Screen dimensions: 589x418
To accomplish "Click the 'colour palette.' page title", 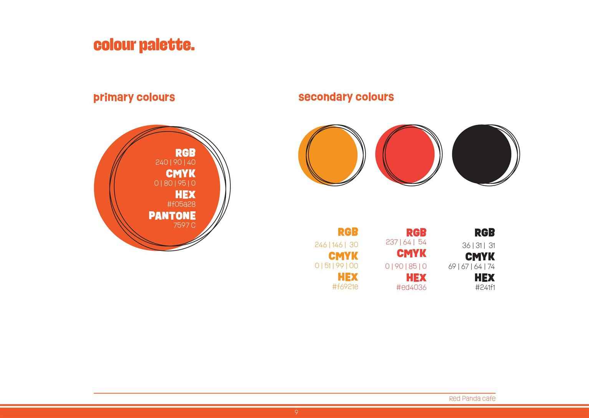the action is click(x=144, y=45).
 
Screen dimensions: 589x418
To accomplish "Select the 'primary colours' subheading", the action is click(x=134, y=97).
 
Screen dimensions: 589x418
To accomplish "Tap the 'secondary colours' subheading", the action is click(x=346, y=97).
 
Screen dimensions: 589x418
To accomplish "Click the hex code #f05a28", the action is click(x=182, y=204).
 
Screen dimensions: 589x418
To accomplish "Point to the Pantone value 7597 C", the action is click(x=184, y=225).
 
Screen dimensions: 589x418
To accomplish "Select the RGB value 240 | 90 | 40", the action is click(x=175, y=162).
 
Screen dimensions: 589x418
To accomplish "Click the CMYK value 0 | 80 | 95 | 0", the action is click(x=175, y=183).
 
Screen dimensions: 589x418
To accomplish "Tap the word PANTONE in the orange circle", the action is click(x=172, y=216).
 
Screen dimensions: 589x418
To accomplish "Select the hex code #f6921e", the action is click(x=345, y=287).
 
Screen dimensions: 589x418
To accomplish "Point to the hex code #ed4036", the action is click(x=412, y=287).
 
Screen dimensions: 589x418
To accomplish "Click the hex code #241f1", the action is click(x=485, y=287).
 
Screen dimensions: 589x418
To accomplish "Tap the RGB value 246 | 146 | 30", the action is click(x=336, y=245).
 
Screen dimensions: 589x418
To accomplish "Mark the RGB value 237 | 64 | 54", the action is click(x=406, y=242).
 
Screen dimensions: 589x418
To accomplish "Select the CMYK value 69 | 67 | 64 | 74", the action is click(x=472, y=267).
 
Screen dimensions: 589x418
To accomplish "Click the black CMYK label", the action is click(x=480, y=257).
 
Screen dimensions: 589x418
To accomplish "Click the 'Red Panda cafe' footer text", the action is click(x=472, y=398).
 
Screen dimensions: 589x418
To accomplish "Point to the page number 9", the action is click(x=296, y=412).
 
